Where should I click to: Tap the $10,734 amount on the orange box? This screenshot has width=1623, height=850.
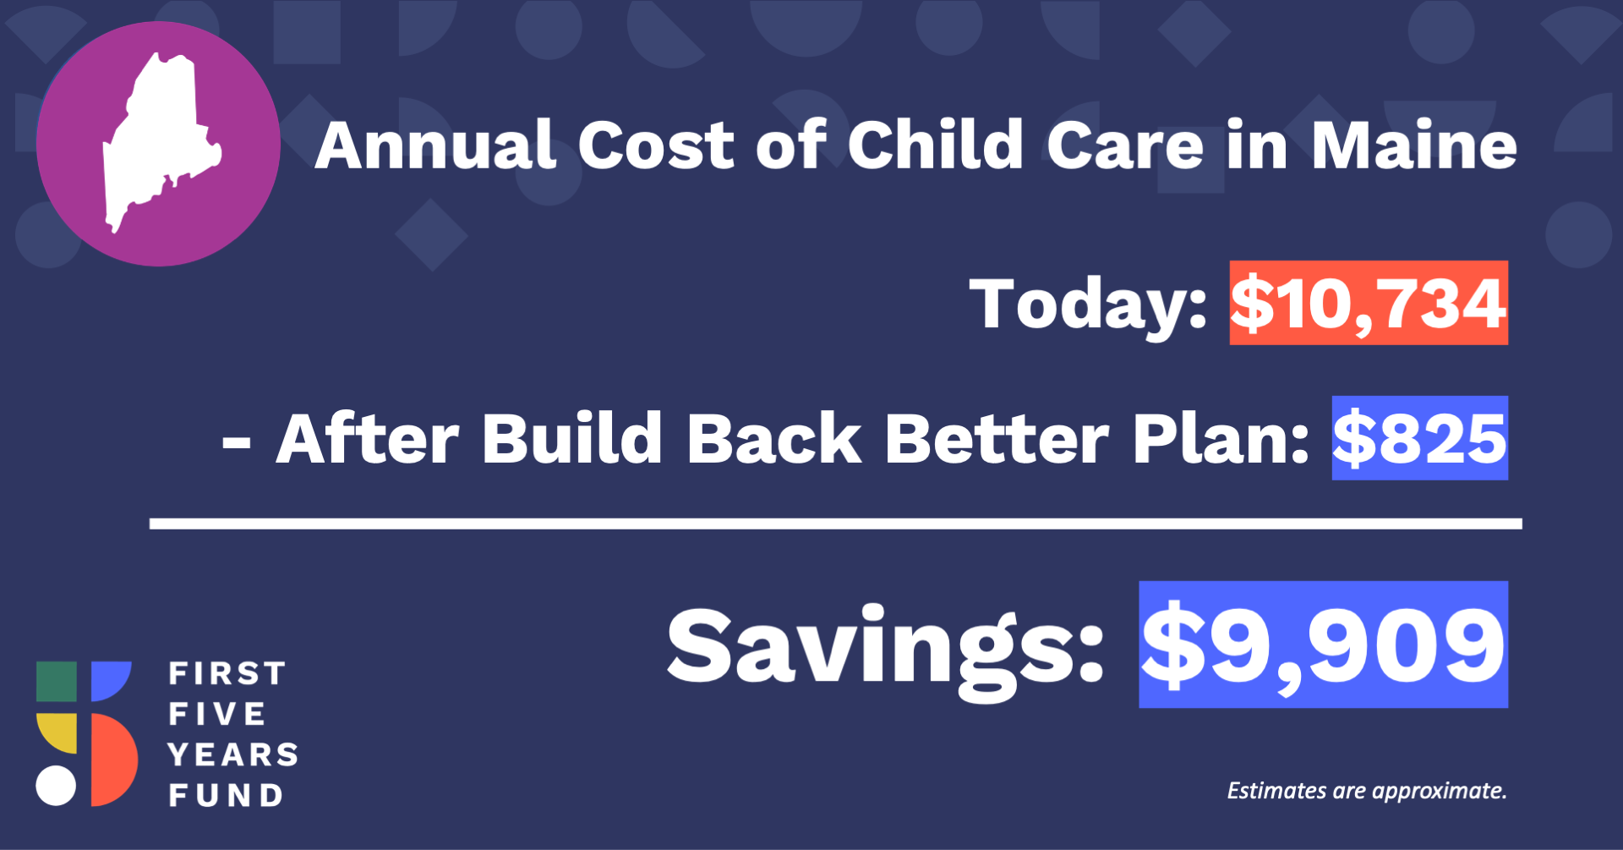coord(1369,304)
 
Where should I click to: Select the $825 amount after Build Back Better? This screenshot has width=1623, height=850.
coord(1420,438)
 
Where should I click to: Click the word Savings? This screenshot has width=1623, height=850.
coord(885,650)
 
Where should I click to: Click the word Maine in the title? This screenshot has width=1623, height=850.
coord(1414,145)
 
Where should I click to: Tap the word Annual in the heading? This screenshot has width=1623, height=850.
coord(435,145)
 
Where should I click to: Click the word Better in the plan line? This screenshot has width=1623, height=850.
coord(996,439)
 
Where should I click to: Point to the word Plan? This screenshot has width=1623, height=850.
coord(1221,439)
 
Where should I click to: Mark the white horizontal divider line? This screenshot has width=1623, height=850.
coord(836,524)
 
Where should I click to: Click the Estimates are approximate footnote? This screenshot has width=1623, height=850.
coord(1367,791)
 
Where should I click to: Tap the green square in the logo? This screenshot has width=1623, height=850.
coord(57,682)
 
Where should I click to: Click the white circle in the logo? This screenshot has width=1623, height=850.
coord(56,786)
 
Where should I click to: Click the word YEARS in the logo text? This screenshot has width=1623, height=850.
coord(233,754)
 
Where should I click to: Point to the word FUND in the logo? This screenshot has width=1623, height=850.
coord(226,795)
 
